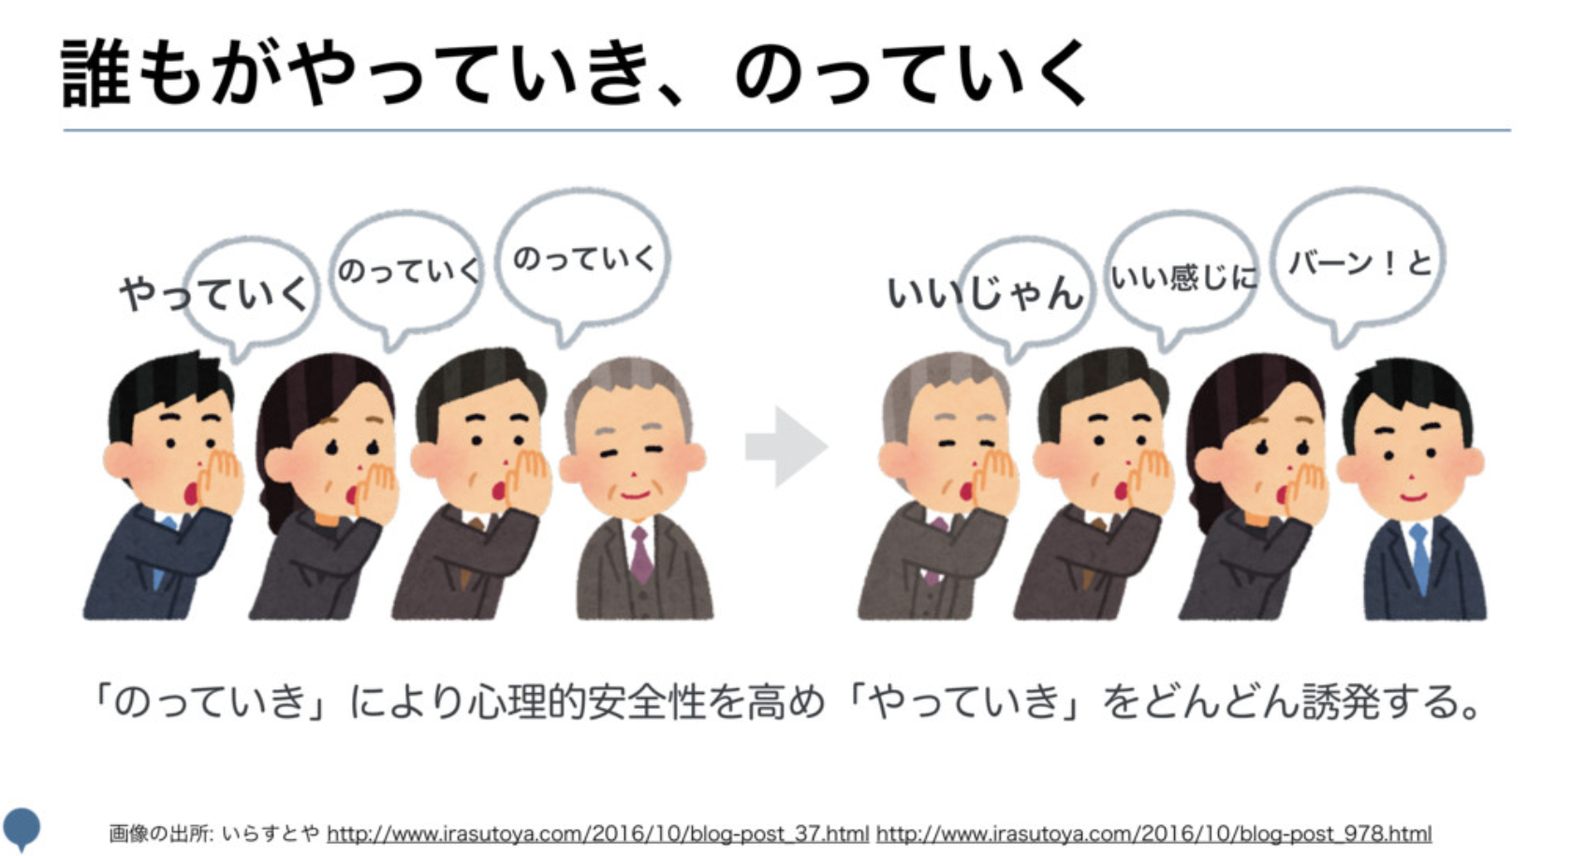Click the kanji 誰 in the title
point(95,73)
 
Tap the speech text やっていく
point(213,293)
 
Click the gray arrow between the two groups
point(785,447)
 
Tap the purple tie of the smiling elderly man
point(640,553)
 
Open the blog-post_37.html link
point(597,834)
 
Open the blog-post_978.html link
point(1153,834)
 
